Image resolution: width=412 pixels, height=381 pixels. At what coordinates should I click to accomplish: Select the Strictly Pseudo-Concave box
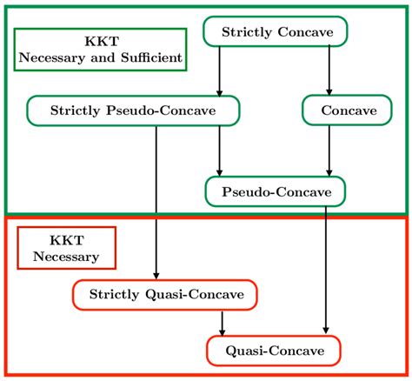pyautogui.click(x=133, y=110)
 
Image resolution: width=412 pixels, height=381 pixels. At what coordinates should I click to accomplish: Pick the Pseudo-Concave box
pyautogui.click(x=275, y=190)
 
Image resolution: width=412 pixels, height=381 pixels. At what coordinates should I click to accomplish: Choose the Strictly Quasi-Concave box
pyautogui.click(x=164, y=295)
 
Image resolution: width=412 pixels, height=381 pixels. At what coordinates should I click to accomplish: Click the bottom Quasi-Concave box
pyautogui.click(x=274, y=351)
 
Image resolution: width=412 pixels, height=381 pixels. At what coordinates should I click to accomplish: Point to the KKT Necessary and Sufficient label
pyautogui.click(x=101, y=50)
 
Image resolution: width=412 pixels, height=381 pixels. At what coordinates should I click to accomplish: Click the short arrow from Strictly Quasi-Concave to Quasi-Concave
pyautogui.click(x=223, y=323)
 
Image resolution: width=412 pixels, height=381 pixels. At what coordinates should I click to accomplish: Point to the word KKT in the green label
pyautogui.click(x=101, y=40)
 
